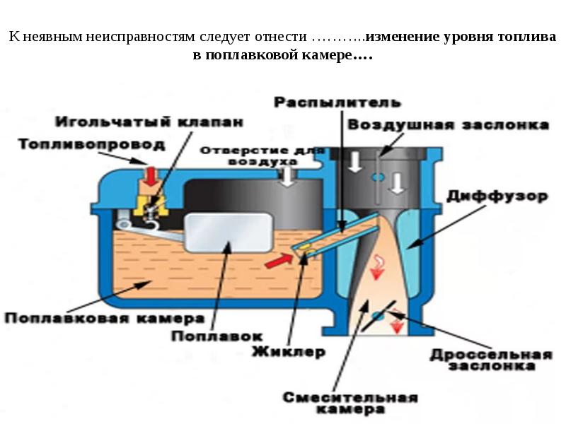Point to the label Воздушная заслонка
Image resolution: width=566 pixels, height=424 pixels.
pos(448,125)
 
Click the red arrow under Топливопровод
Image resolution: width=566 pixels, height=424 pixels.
pos(150,177)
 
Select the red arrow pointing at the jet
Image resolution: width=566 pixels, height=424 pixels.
pos(277,261)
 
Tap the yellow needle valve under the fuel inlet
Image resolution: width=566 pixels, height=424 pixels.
pos(151,205)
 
